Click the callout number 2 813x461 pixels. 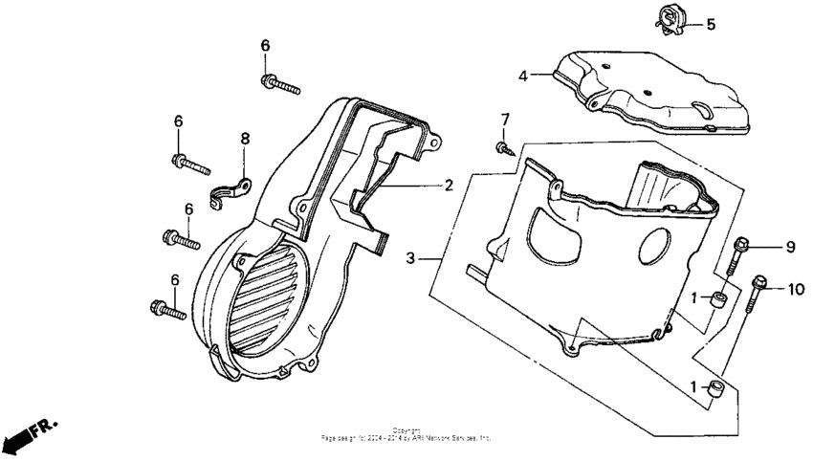448,186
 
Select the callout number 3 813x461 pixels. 409,258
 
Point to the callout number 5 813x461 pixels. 711,24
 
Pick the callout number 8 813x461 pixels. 244,139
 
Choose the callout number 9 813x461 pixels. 790,247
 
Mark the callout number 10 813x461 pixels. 796,288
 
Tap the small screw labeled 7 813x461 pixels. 502,146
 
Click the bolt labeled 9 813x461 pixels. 737,259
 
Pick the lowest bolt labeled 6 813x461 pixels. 169,310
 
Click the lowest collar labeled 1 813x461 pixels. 712,390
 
